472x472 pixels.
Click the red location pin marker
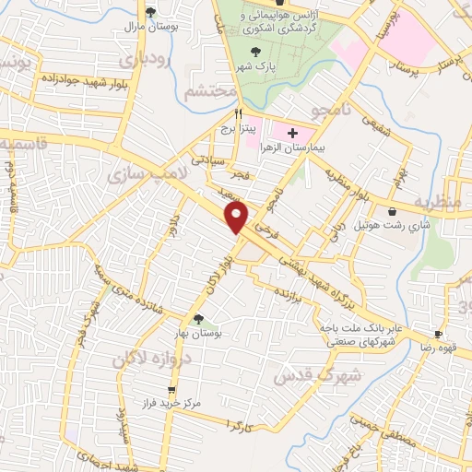(237, 218)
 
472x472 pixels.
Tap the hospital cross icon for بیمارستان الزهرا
(293, 134)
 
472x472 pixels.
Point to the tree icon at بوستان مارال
(150, 11)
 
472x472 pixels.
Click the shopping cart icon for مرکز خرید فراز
(171, 390)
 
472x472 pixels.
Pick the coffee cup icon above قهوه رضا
(439, 334)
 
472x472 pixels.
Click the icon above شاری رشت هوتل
(393, 212)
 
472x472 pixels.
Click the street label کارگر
(238, 428)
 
